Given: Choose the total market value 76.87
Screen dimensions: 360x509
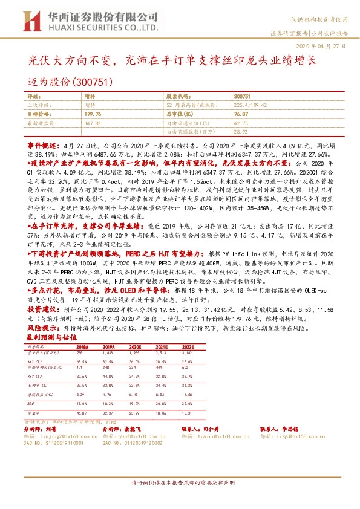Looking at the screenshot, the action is pos(241,113).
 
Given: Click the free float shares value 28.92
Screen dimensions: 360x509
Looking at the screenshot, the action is pos(241,131).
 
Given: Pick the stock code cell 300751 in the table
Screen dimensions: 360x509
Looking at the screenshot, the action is pos(241,96).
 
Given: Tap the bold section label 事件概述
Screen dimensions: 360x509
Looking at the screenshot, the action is pos(41,146).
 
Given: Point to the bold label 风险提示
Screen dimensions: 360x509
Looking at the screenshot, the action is pos(41,329).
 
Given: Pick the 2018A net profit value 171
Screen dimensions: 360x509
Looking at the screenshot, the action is pos(79,367).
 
